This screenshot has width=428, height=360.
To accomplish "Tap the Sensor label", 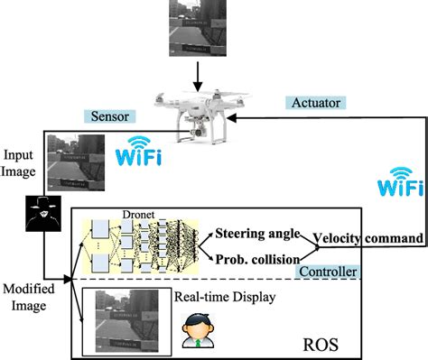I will [111, 117].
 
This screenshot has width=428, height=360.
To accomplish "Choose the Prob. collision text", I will [258, 261].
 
